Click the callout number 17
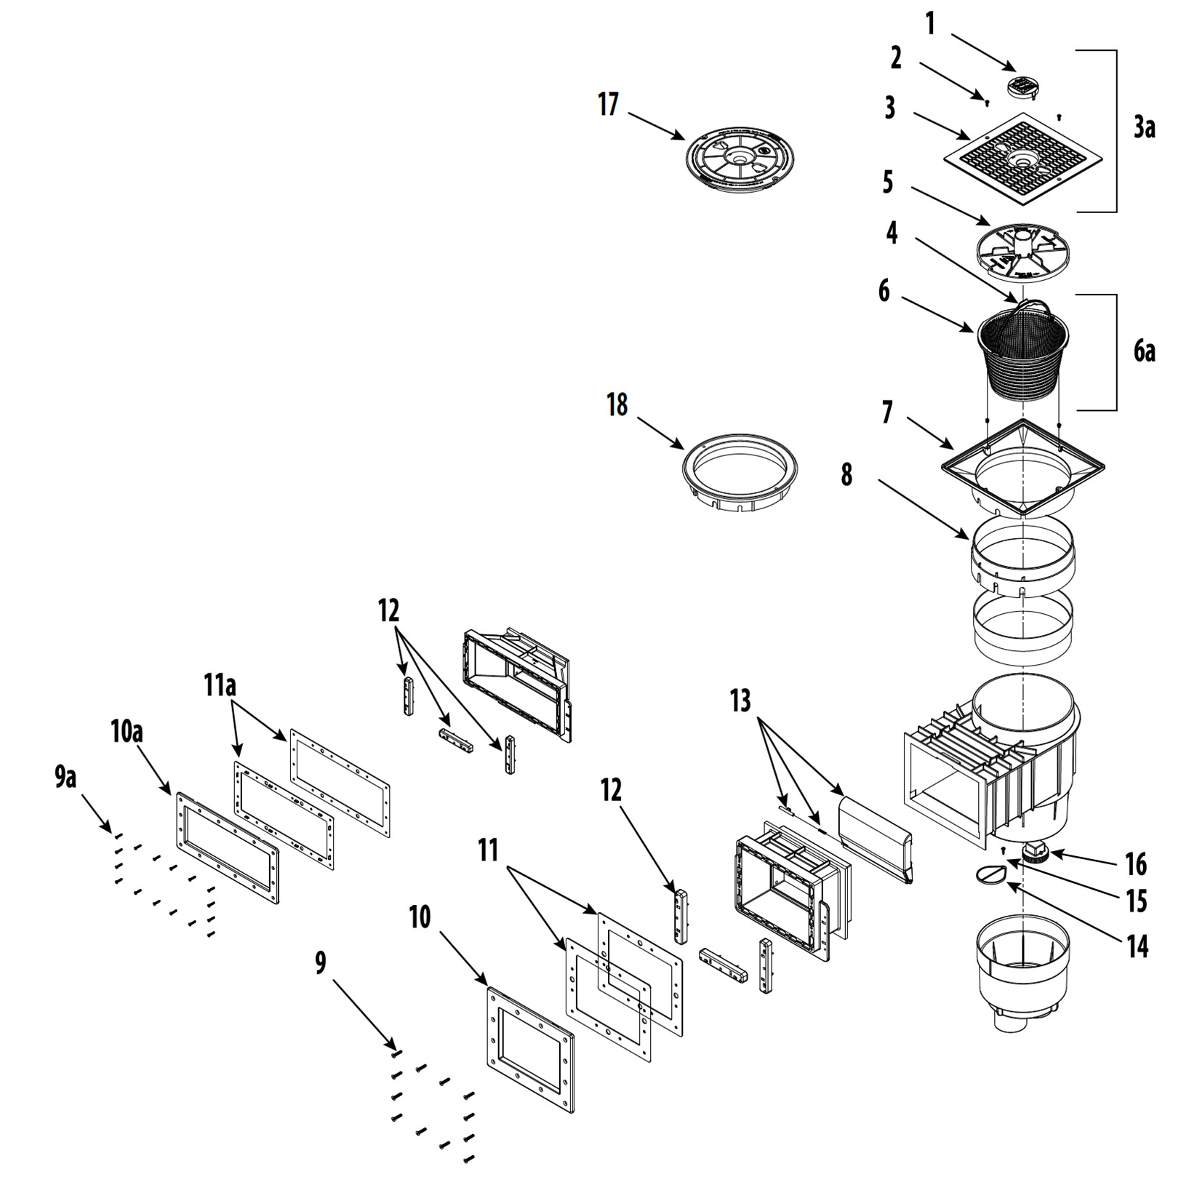pos(608,105)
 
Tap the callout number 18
pos(617,405)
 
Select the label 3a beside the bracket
pos(1144,127)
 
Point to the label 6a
pos(1144,351)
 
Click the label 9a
pos(65,778)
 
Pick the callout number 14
pos(1137,946)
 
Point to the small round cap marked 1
pos(1023,87)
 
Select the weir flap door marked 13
pos(875,837)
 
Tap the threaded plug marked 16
pos(1033,851)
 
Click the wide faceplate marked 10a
pos(228,848)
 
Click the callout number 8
pos(846,476)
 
